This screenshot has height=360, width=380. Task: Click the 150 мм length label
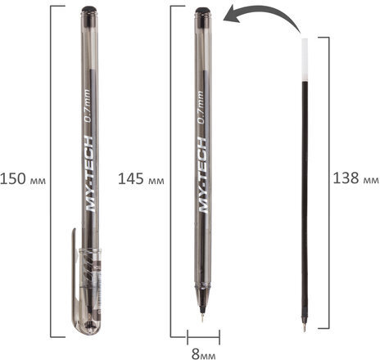[x=23, y=179]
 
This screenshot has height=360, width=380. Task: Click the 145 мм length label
[x=141, y=179]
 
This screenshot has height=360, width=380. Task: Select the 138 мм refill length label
[x=356, y=178]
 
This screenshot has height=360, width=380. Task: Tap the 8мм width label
[x=203, y=354]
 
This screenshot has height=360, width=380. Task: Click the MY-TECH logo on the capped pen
[x=89, y=173]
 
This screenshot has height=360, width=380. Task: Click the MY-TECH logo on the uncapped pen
[x=203, y=175]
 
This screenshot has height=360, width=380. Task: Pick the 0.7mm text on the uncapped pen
[x=201, y=108]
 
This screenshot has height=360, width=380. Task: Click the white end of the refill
[x=305, y=60]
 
